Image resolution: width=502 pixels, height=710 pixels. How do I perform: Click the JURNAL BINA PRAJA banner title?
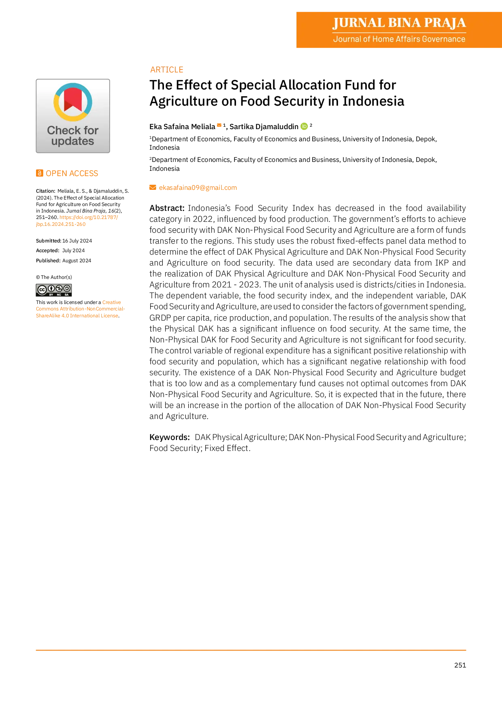[x=399, y=23]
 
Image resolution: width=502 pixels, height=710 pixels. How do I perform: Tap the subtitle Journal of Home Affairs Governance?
[x=399, y=39]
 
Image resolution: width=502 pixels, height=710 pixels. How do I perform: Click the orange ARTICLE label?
[x=167, y=70]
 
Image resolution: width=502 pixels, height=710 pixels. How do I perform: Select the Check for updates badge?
[x=73, y=116]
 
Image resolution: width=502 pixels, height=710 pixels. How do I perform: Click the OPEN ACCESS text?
[x=72, y=173]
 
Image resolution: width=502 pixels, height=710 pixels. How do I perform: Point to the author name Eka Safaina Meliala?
[x=182, y=127]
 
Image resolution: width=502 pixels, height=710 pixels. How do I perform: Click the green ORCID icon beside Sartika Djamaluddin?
[x=304, y=126]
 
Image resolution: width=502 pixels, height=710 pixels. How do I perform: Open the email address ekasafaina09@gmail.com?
[x=198, y=187]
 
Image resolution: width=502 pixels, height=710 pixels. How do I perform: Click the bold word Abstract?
[x=167, y=208]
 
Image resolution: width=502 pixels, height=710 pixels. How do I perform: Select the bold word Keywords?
[x=170, y=437]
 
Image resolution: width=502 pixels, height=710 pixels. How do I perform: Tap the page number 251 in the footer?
[x=460, y=665]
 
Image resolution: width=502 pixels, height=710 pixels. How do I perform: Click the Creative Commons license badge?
[x=54, y=290]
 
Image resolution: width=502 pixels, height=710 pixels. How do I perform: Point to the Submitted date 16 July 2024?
[x=77, y=241]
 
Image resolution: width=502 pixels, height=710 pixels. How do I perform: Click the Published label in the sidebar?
[x=48, y=261]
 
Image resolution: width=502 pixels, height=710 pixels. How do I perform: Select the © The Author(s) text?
[x=54, y=277]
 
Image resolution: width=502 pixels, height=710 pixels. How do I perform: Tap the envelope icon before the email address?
[x=153, y=187]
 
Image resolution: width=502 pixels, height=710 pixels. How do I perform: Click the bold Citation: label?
[x=46, y=191]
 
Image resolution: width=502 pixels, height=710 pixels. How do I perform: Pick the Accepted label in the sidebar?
[x=48, y=251]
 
